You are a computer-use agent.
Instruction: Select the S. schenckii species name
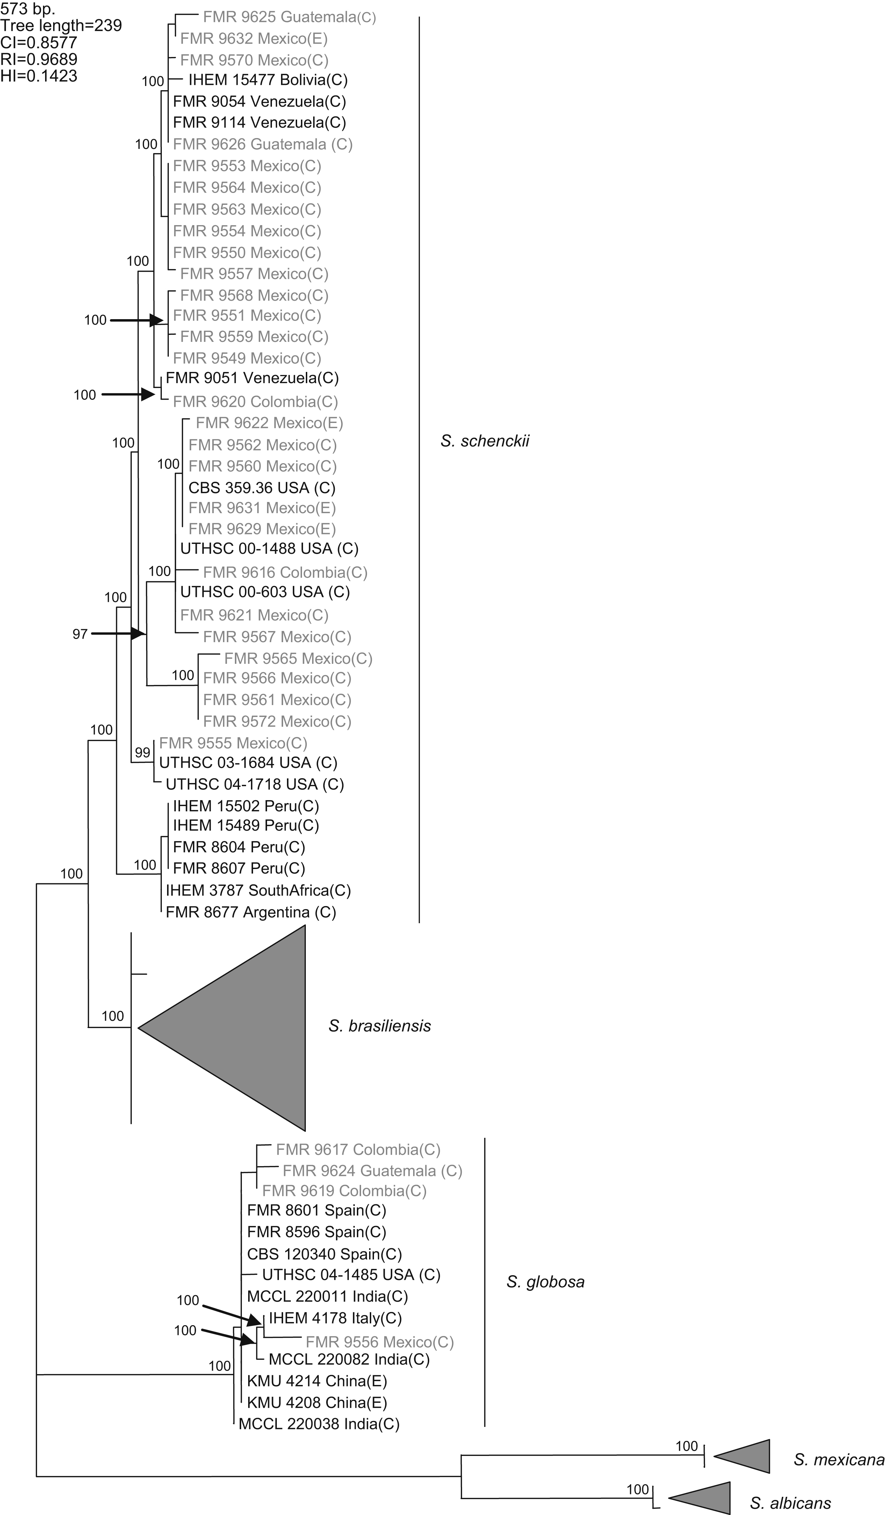pos(484,441)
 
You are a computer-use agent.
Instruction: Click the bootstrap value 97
pos(80,634)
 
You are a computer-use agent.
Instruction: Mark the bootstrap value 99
pos(143,753)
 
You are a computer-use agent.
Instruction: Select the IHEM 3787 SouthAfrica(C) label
pos(258,890)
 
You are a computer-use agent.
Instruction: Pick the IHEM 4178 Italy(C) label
pos(335,1319)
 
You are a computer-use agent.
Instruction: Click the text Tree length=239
pos(61,25)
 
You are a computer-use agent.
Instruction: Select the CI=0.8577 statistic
pos(38,42)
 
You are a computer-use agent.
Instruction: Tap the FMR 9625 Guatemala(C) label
pos(289,17)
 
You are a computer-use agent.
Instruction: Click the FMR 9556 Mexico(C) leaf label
pos(379,1342)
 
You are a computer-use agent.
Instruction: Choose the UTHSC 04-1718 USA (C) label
pos(255,784)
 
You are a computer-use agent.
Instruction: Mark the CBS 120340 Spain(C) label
pos(324,1254)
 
